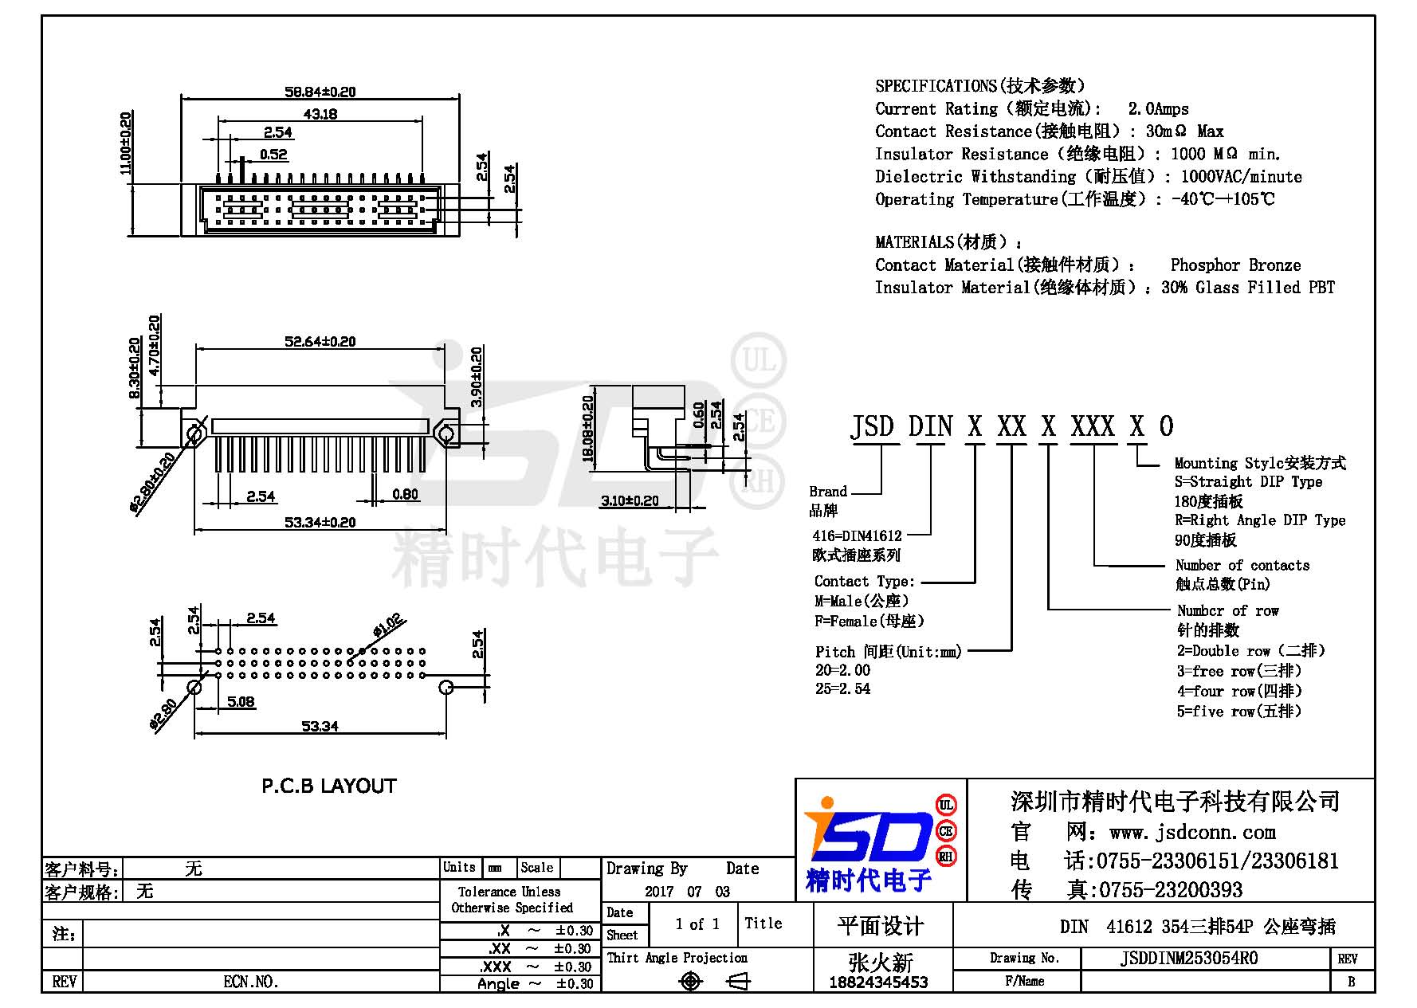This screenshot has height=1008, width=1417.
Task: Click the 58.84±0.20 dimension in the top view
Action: pos(320,92)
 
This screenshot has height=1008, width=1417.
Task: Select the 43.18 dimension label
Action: pos(320,114)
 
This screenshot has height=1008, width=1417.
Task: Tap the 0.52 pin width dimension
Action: pos(273,155)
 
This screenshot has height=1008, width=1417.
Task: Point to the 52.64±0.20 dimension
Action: pos(320,341)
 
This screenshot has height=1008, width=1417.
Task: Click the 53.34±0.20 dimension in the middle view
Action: pos(320,522)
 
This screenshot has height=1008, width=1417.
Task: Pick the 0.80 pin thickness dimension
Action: pos(405,494)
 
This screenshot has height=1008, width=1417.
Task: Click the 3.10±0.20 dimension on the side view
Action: pos(630,500)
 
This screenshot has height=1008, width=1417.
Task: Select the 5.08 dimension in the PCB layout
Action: pos(241,701)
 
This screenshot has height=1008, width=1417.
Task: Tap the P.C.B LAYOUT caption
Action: pos(329,786)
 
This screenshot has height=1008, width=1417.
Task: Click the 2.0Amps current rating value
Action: pos(1158,108)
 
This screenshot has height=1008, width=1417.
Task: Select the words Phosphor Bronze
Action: pos(1235,265)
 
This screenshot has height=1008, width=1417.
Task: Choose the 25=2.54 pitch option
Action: pos(842,688)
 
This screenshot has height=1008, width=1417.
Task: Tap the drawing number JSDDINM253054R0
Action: pos(1189,958)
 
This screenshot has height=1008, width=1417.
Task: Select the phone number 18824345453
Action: pos(878,983)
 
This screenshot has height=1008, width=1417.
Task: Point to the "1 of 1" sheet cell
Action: pos(697,924)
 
